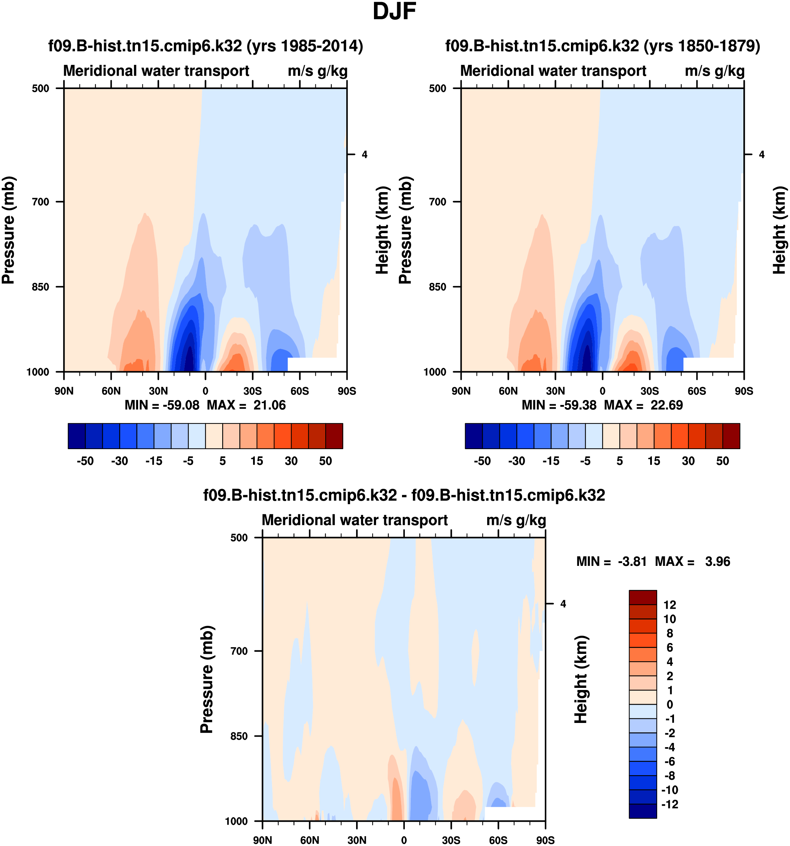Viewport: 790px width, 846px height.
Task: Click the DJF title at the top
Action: (x=394, y=12)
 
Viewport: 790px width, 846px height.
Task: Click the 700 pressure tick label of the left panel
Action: (x=41, y=202)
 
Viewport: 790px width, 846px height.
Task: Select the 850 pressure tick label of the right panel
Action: (x=438, y=287)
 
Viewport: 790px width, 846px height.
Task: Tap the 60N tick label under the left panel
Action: (x=111, y=391)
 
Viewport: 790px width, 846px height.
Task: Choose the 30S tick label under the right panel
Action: (x=649, y=391)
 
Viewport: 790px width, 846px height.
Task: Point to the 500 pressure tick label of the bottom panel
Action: (x=239, y=537)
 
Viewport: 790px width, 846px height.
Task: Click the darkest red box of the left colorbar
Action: (x=334, y=436)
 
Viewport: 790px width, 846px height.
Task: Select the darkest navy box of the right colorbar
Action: (x=474, y=436)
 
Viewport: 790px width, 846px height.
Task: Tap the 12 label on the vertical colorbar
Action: (x=669, y=605)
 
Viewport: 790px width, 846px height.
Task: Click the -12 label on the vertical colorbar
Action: (x=669, y=804)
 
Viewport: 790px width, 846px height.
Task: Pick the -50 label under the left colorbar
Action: (x=85, y=461)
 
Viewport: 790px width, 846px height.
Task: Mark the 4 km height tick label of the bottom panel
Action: (x=563, y=604)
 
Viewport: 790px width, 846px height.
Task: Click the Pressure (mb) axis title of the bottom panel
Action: (x=207, y=679)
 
